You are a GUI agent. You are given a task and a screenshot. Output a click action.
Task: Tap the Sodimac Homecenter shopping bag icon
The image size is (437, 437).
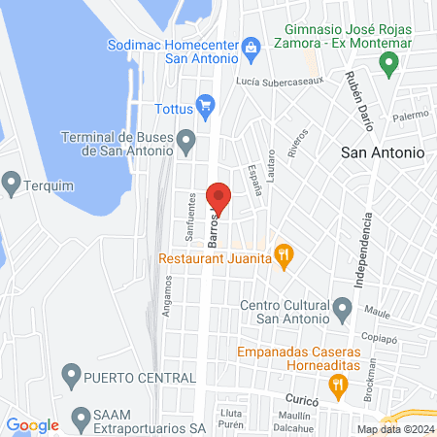pos(251,46)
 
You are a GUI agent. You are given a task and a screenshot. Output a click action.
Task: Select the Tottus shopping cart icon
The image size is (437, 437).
pos(205,104)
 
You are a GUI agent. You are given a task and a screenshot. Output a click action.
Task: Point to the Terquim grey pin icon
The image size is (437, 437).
pos(12,181)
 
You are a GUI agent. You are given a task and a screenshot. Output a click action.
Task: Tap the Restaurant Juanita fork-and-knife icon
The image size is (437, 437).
pos(284,256)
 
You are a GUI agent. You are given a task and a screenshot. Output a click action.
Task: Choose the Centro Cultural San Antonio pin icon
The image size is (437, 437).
pos(342,310)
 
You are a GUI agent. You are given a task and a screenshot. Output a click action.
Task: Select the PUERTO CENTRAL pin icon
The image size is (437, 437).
pos(70,374)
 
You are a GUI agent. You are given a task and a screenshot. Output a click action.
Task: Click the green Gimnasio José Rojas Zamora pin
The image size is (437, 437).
pos(389,65)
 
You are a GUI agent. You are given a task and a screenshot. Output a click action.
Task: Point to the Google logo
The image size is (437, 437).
pos(33,425)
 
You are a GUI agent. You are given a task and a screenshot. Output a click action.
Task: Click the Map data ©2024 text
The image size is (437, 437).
pos(394,429)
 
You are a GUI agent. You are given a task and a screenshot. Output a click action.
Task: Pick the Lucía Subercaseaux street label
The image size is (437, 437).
pos(290,83)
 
